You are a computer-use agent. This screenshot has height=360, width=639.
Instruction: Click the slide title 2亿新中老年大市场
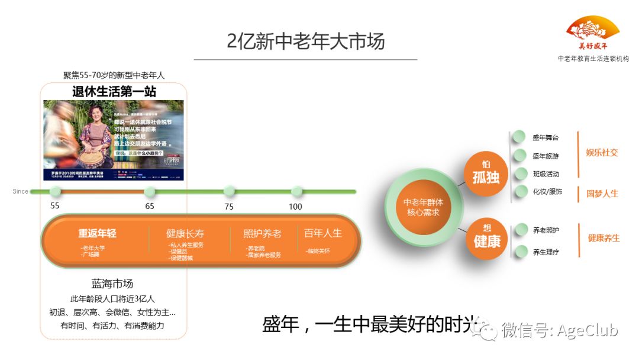click(305, 41)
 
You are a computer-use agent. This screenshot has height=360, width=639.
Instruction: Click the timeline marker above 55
click(55, 191)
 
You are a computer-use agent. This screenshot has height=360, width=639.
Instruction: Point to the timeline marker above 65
click(150, 191)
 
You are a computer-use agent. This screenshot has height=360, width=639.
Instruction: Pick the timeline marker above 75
click(229, 191)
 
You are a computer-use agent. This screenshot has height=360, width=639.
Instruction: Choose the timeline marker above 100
click(296, 191)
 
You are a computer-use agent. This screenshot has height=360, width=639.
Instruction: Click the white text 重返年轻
click(98, 233)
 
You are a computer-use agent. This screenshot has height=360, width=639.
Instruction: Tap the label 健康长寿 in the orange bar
click(185, 233)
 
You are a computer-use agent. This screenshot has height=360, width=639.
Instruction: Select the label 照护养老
click(262, 233)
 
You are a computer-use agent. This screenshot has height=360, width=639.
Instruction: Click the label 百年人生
click(323, 233)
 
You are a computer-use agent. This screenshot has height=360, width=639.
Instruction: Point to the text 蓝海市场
click(112, 284)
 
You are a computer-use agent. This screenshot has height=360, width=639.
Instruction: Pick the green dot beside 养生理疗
click(521, 252)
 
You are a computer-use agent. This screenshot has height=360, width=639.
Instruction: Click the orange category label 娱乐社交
click(602, 152)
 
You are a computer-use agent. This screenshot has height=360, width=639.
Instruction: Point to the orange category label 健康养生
click(603, 238)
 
